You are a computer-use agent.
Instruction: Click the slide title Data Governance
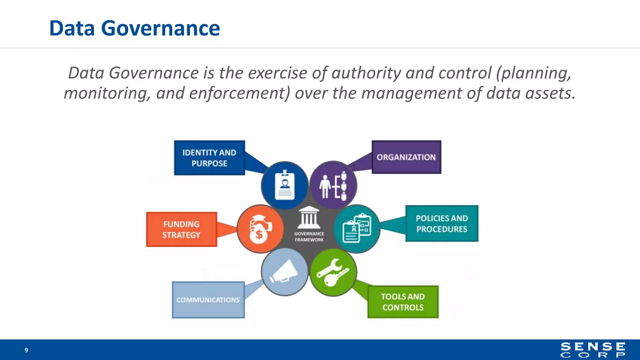pyautogui.click(x=134, y=28)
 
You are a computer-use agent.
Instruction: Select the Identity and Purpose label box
pyautogui.click(x=209, y=158)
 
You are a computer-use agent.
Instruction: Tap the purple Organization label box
pyautogui.click(x=406, y=157)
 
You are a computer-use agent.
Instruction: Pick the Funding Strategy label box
pyautogui.click(x=181, y=229)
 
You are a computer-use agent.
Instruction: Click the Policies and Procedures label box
pyautogui.click(x=442, y=223)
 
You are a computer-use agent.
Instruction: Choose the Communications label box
pyautogui.click(x=208, y=300)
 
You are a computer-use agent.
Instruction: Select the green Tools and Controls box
pyautogui.click(x=403, y=302)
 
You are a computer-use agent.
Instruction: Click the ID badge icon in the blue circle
pyautogui.click(x=284, y=185)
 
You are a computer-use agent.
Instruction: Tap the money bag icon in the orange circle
pyautogui.click(x=260, y=229)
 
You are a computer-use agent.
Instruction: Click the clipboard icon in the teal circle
pyautogui.click(x=357, y=228)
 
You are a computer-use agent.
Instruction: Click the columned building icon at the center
pyautogui.click(x=309, y=217)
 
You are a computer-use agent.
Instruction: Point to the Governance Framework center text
pyautogui.click(x=309, y=237)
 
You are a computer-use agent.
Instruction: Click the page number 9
pyautogui.click(x=26, y=350)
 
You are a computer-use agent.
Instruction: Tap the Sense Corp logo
pyautogui.click(x=593, y=350)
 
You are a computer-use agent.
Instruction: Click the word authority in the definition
pyautogui.click(x=366, y=73)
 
